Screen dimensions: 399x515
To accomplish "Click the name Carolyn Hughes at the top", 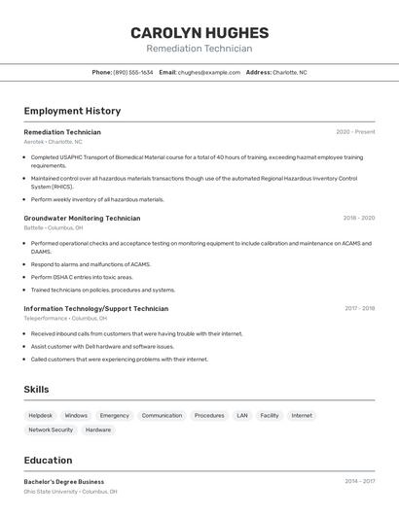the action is coord(199,33).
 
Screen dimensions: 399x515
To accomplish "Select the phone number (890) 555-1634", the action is coord(133,72).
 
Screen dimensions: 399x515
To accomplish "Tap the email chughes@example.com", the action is coord(209,72).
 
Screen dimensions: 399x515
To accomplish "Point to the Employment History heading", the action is coord(72,111).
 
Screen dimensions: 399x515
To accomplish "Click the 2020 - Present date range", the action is coord(355,132).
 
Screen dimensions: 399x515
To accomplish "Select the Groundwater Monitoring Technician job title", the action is coord(82,219).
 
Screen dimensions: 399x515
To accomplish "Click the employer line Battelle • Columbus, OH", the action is coord(60,227).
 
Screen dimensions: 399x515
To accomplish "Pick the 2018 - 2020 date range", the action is coord(359,219).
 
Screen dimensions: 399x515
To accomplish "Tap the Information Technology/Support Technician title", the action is coord(95,309).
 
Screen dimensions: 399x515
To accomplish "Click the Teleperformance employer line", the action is coord(65,318).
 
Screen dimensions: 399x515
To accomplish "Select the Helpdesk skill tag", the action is coord(41,415).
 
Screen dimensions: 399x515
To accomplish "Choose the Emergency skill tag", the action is coord(114,415).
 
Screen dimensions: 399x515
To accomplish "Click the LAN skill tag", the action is coord(242,415).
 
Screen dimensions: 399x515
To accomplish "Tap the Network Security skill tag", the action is coord(51,429).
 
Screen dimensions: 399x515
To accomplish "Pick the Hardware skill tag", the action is coord(98,429).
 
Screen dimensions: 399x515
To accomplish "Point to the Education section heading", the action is coord(48,461).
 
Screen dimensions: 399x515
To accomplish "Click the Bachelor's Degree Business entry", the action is coord(63,482).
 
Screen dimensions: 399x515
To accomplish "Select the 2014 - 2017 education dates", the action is coord(359,482).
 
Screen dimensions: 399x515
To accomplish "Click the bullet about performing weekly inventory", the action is coord(97,199).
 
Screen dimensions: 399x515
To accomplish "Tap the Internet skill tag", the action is coord(302,415).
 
